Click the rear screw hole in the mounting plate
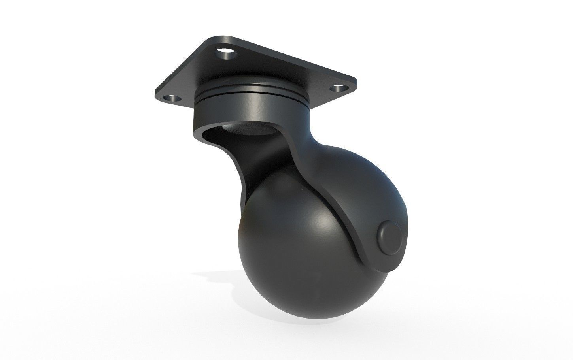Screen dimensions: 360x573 (x=225, y=52)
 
